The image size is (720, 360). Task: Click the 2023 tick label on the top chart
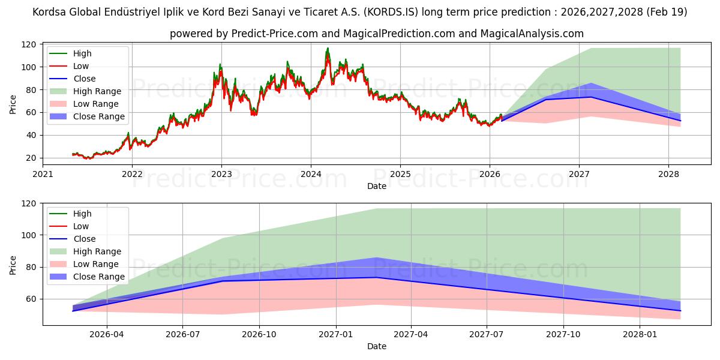tap(221, 174)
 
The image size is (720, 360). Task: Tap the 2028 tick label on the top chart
tap(668, 174)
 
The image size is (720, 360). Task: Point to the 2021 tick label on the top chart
tap(43, 174)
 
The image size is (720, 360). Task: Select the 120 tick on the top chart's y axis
tap(29, 44)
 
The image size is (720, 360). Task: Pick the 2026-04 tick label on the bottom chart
tap(106, 334)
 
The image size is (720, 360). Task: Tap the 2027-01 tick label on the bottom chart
tap(335, 334)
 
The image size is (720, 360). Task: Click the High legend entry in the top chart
tap(82, 53)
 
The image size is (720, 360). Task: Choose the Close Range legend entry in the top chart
tap(98, 116)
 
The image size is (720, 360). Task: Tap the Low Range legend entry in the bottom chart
tap(97, 264)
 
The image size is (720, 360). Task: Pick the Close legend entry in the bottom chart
tap(85, 239)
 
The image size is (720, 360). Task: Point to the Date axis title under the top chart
tap(376, 186)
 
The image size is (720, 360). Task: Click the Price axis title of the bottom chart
tap(13, 265)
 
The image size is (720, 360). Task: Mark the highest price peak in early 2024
tap(328, 49)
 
